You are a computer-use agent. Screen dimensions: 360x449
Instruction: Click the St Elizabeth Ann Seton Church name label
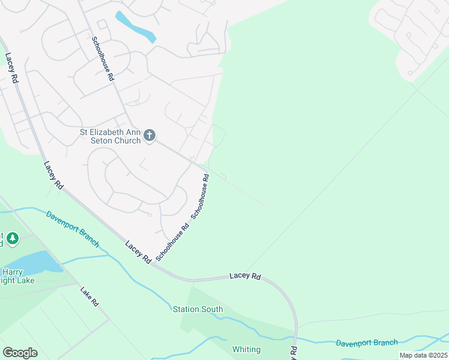pos(110,136)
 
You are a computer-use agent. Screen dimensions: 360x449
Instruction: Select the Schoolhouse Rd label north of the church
pos(103,59)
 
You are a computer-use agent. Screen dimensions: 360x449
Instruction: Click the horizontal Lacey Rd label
pos(246,277)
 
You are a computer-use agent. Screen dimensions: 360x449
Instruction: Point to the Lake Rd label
pos(89,296)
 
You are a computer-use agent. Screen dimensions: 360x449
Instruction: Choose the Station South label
pos(197,310)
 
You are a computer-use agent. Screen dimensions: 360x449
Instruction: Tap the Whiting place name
pos(246,349)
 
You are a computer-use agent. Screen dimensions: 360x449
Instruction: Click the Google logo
pos(20,353)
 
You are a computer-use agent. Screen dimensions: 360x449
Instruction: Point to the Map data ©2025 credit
pos(423,355)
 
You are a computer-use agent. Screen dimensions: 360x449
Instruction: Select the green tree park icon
pos(13,239)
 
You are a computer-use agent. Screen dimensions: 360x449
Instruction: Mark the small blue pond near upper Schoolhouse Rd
pos(135,27)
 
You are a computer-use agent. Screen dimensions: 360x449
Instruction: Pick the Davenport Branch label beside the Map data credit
pos(366,343)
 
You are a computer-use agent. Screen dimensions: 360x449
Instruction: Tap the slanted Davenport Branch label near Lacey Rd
pos(73,228)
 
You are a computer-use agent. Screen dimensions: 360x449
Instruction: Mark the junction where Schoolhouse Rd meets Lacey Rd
pos(154,265)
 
